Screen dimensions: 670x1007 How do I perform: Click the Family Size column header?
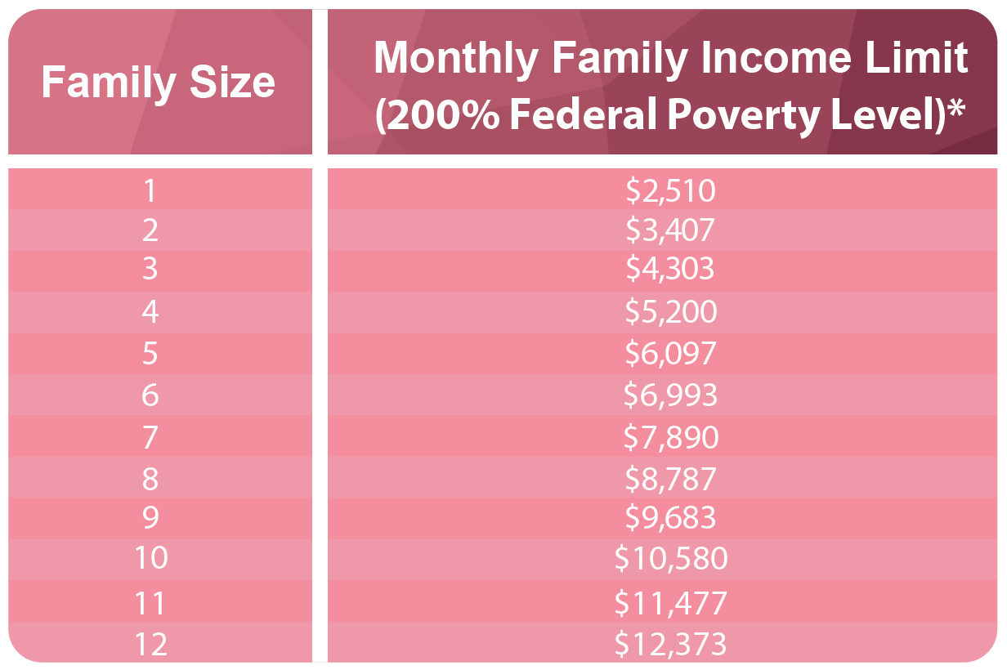(x=158, y=83)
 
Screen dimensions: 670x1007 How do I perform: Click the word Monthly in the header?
(x=454, y=58)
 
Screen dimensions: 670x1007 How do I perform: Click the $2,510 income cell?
(x=670, y=191)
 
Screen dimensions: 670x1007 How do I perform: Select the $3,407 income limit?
(x=670, y=230)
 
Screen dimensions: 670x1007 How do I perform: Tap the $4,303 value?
(x=670, y=269)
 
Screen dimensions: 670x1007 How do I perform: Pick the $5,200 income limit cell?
(x=671, y=312)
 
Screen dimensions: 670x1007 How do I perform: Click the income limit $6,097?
(x=670, y=353)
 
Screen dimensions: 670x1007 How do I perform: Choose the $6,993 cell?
(x=670, y=395)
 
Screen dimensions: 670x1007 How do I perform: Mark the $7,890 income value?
(x=671, y=438)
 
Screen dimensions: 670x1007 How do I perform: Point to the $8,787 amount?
(x=670, y=479)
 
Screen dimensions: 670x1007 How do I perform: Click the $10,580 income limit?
(x=671, y=559)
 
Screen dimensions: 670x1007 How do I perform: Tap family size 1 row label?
(x=150, y=191)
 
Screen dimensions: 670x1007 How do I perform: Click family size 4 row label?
(x=150, y=312)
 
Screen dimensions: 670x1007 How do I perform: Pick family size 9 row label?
(x=150, y=518)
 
